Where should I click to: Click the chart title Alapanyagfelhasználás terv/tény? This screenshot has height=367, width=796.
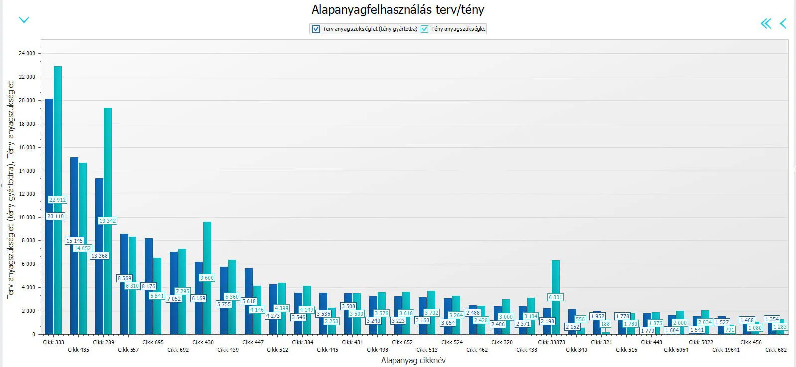[398, 10]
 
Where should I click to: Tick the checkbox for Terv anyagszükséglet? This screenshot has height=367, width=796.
[316, 29]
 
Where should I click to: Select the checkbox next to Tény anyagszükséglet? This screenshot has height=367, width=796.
[424, 29]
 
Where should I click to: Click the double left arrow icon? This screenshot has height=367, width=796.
[766, 23]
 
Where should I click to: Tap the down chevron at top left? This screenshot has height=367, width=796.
[24, 20]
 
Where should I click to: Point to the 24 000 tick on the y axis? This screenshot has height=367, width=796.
[27, 53]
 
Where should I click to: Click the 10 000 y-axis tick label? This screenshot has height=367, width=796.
[27, 217]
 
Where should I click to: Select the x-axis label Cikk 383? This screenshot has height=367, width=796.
[53, 342]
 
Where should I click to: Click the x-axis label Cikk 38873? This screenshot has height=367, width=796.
[551, 342]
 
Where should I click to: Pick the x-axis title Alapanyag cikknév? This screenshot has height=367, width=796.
[413, 360]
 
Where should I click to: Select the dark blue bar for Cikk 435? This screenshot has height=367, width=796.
[74, 199]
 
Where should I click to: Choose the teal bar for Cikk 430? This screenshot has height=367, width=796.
[207, 249]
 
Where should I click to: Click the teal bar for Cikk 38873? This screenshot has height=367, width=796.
[556, 279]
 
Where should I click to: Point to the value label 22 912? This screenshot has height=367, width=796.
[57, 200]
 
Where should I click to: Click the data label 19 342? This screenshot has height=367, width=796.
[107, 221]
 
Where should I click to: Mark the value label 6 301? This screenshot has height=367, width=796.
[555, 297]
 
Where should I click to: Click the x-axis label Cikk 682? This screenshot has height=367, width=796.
[776, 350]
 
